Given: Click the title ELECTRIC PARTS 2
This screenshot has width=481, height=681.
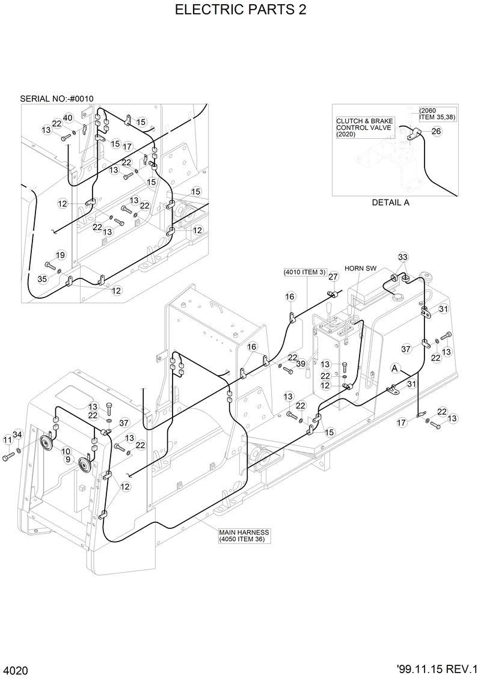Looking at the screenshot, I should click(x=240, y=10).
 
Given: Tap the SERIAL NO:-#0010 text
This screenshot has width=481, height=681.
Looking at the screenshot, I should click(x=57, y=98).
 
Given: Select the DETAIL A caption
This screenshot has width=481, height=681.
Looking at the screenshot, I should click(x=390, y=203).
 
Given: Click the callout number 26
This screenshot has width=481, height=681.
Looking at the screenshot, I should click(x=436, y=131).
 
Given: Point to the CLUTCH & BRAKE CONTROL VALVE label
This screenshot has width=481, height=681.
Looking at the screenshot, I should click(x=364, y=127).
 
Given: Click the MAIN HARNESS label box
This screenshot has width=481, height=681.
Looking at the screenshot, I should click(x=244, y=536).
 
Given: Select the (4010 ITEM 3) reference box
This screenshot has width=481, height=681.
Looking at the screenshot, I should click(x=305, y=272).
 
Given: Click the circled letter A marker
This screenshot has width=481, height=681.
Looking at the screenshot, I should click(x=395, y=367).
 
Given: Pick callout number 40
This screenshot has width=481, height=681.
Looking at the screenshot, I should click(x=68, y=117).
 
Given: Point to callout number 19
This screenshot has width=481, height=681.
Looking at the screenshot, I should click(x=60, y=255).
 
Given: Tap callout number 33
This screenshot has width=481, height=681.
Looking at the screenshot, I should click(x=403, y=257).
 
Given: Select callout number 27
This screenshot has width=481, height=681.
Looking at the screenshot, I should click(x=333, y=276).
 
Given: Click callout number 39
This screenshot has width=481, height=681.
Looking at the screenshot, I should click(x=301, y=364).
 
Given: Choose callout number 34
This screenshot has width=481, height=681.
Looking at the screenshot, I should click(x=17, y=434).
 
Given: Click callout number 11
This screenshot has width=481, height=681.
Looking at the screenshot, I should click(x=7, y=440).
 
